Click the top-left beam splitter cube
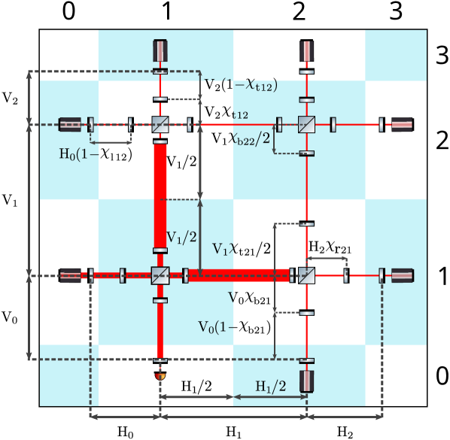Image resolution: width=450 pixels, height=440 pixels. coord(160,125)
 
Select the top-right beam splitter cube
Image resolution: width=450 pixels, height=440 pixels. coord(306,125)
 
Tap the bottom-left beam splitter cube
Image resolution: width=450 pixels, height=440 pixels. coord(160,275)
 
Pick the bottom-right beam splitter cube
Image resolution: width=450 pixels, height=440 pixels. coord(306,275)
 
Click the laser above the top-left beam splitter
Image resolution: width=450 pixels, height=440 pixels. coord(160,50)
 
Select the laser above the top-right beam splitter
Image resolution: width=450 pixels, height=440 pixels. coord(306,50)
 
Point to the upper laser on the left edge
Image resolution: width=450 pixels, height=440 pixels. coord(70,124)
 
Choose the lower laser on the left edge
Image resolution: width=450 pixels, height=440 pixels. coord(70,275)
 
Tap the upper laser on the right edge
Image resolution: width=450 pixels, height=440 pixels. coord(402,124)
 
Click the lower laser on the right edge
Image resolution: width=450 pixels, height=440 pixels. coord(402,275)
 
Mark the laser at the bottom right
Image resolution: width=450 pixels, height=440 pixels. coord(306,381)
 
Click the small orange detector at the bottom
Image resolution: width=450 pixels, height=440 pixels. coord(160,375)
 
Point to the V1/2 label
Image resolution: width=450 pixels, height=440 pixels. coord(181,237)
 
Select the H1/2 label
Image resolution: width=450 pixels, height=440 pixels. coord(271,387)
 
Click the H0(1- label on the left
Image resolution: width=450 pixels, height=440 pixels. coord(78,155)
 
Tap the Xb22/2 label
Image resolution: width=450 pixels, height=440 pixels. coord(251,138)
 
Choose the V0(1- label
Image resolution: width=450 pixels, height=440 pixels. coord(217,326)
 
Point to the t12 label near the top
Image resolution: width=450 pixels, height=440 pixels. coord(240,115)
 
